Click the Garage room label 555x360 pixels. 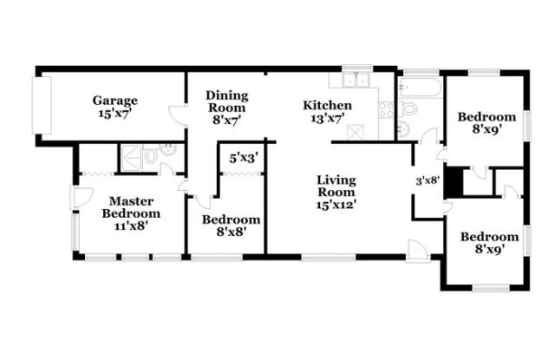tap(115, 101)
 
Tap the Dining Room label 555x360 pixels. tap(227, 101)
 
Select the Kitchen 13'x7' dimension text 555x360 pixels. tap(328, 119)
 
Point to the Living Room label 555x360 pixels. tap(336, 186)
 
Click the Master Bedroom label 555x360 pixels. tap(131, 207)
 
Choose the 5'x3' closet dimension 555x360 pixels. tap(244, 158)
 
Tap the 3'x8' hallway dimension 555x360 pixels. tap(428, 181)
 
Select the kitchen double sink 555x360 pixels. tap(356, 81)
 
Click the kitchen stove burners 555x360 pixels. tap(386, 109)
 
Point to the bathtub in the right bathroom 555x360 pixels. tap(420, 87)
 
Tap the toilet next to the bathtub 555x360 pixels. tap(408, 108)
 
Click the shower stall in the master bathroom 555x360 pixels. tap(132, 158)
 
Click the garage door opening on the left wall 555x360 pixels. tap(42, 105)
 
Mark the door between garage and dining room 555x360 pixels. tap(178, 115)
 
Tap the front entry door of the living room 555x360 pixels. tap(418, 251)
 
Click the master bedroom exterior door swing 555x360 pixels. tap(82, 197)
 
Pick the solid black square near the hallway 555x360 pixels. tap(454, 181)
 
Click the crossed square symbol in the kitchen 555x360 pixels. tap(356, 132)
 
